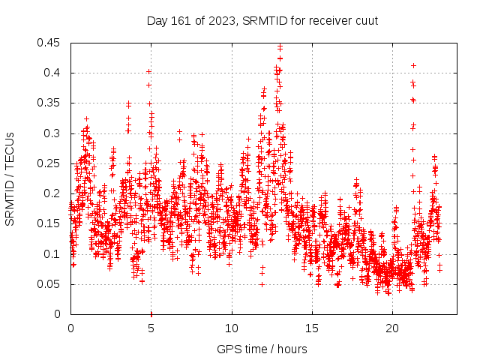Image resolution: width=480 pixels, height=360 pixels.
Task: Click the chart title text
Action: [x=262, y=19]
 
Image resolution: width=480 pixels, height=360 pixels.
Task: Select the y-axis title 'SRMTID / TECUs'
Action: [x=10, y=178]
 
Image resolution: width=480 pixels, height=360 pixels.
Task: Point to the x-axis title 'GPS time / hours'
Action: [x=262, y=349]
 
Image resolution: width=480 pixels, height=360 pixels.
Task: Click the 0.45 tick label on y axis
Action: [x=50, y=43]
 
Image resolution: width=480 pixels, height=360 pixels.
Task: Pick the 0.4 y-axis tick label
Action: [x=53, y=73]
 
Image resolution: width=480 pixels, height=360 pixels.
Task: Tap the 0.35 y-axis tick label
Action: [x=50, y=103]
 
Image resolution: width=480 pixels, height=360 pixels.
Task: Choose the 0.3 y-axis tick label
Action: [x=53, y=133]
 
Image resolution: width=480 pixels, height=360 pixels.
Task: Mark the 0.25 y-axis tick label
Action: [x=50, y=163]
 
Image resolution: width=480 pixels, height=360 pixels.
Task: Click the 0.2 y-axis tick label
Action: [x=53, y=193]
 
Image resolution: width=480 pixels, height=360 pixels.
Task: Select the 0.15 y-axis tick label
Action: [x=50, y=223]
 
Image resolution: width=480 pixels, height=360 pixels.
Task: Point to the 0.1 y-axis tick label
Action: [x=53, y=253]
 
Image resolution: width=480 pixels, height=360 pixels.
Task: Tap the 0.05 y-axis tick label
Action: [x=50, y=284]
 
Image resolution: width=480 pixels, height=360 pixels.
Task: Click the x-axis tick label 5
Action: [x=151, y=328]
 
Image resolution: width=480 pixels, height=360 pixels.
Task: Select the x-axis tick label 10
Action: [x=232, y=328]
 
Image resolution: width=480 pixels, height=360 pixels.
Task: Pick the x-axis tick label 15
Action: [x=312, y=328]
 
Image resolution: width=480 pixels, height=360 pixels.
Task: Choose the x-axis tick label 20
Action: [x=392, y=328]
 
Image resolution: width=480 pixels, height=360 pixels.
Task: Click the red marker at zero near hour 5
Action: [x=151, y=313]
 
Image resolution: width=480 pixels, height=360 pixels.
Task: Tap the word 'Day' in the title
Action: [x=157, y=19]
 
